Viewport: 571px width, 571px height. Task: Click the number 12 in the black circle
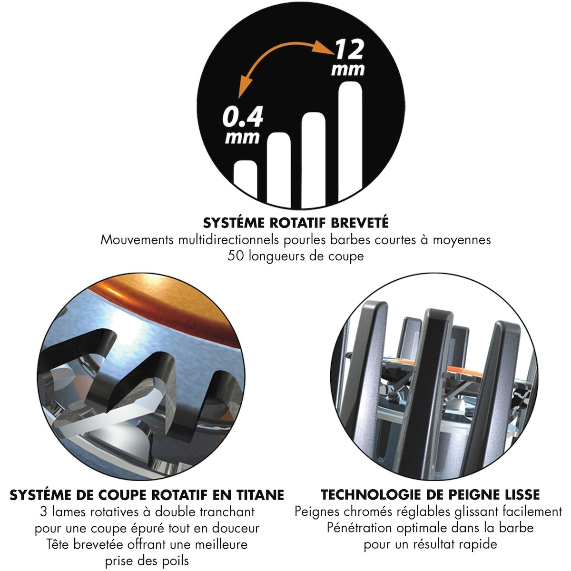(x=349, y=50)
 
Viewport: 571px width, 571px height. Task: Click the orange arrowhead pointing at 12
(x=324, y=48)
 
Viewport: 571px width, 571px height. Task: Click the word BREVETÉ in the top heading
(x=359, y=223)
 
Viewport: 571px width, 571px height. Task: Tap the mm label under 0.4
(x=242, y=138)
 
